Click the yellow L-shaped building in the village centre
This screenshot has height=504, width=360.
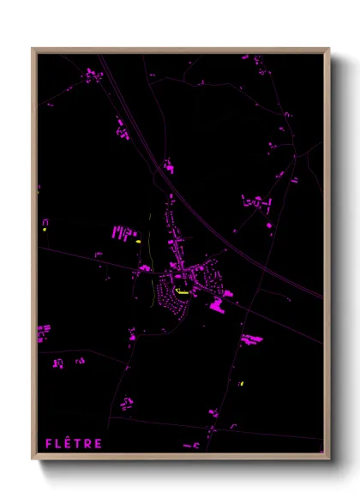pyautogui.click(x=182, y=292)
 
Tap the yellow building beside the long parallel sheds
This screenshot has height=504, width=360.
pyautogui.click(x=138, y=242)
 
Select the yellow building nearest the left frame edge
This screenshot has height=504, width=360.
pyautogui.click(x=43, y=230)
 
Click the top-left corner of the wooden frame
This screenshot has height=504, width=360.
pyautogui.click(x=33, y=49)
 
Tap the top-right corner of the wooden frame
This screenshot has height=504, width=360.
pyautogui.click(x=328, y=49)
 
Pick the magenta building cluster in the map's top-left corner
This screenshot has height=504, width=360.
pyautogui.click(x=91, y=75)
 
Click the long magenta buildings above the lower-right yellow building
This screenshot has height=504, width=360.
pyautogui.click(x=251, y=339)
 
